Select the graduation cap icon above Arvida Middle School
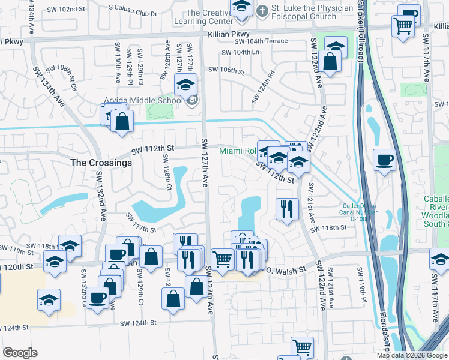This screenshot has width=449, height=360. click(185, 86)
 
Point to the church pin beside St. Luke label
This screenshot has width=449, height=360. click(262, 11)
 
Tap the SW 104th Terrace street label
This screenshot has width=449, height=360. click(262, 42)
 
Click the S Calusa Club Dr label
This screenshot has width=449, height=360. click(133, 13)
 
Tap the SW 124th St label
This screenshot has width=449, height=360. click(138, 323)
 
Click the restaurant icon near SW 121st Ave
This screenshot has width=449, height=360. click(287, 209)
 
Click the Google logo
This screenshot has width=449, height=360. click(20, 353)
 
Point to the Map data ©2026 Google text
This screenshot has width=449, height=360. click(412, 355)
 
